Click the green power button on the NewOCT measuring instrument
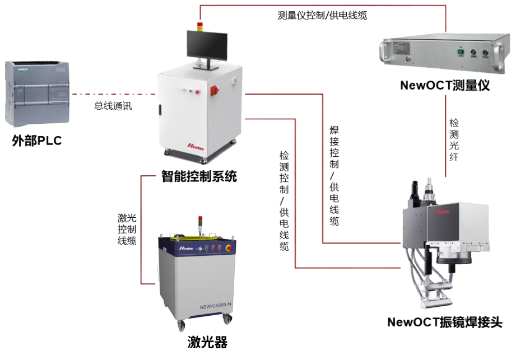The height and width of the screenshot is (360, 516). [461, 53]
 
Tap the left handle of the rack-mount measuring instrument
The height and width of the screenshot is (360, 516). [385, 51]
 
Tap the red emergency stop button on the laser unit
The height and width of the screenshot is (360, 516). [227, 248]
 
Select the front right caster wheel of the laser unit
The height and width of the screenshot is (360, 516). [227, 319]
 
